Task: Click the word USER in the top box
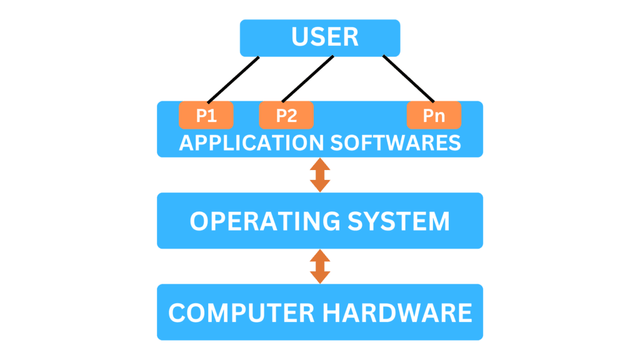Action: pos(325,37)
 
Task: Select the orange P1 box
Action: pos(206,116)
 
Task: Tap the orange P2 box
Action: pos(286,116)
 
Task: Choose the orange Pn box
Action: pos(434,116)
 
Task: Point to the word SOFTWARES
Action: pos(394,142)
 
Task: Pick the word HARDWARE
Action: pos(399,312)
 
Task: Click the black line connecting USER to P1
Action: pos(233,79)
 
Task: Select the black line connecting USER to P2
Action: pos(307,79)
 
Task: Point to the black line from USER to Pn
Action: pos(408,79)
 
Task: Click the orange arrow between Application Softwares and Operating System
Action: pos(320,175)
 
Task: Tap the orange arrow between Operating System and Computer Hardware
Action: pos(320,266)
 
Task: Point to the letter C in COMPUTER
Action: pos(177,312)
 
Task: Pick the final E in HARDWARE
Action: pos(464,312)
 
